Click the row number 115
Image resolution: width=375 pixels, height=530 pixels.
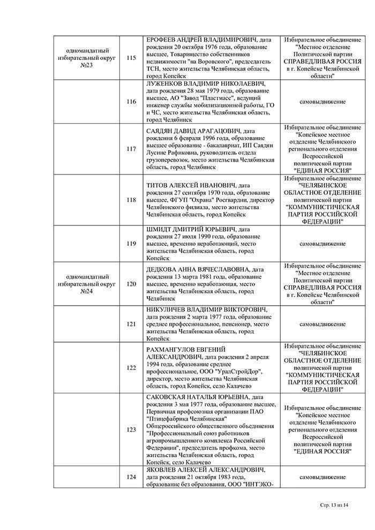[131, 58]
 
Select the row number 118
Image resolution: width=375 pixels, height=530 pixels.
[131, 200]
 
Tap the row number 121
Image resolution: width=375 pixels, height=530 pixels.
[131, 324]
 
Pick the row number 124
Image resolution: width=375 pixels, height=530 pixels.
[131, 477]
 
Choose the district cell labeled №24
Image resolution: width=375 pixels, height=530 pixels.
[87, 284]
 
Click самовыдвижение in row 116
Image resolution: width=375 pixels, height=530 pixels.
[322, 102]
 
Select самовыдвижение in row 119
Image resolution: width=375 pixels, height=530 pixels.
[322, 244]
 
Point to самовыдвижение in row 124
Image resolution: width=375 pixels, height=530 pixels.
[322, 477]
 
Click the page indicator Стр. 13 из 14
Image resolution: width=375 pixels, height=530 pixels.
[334, 505]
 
